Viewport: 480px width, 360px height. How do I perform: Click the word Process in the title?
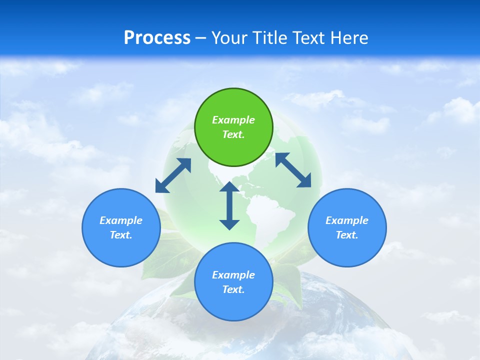157,38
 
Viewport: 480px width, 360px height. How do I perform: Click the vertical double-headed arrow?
229,205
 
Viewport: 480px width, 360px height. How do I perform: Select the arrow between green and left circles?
173,175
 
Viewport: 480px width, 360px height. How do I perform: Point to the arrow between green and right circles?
293,170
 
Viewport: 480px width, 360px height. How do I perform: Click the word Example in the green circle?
233,120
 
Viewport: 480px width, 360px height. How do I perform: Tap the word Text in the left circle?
121,235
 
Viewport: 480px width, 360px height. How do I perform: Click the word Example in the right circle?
347,220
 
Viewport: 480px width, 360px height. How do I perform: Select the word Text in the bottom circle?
233,289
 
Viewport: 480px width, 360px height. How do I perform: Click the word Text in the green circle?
233,134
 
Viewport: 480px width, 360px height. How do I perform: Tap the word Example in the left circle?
121,220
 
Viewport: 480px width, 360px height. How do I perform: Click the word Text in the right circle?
347,235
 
